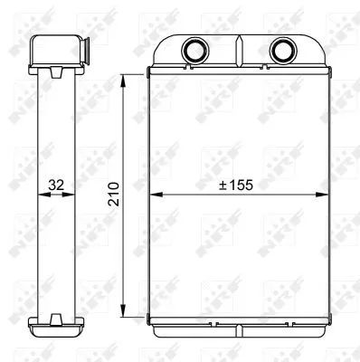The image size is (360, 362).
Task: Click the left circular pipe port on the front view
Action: [194, 49]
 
